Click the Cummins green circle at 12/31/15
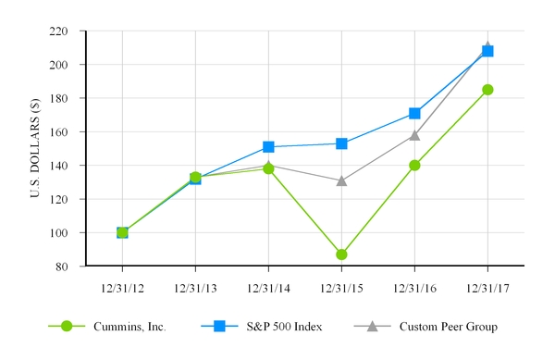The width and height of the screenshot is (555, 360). pos(341,254)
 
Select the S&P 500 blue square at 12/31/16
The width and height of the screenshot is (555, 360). pos(414,113)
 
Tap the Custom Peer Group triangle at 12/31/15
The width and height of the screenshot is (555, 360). pos(341,180)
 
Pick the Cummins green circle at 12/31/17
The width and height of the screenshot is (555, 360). pos(487,90)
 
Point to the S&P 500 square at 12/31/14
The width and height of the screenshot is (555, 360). pos(268,146)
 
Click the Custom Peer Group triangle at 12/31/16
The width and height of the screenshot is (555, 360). pos(414,135)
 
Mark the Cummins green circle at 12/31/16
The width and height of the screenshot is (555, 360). pos(414,165)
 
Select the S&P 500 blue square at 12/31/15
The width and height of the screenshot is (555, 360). pos(341,143)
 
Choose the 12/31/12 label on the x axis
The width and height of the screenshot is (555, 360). pos(122,288)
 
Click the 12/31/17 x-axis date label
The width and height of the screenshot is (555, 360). pos(487,288)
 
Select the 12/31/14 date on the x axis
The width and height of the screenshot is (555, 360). pos(268,288)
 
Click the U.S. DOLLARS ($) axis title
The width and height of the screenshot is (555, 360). pos(36,148)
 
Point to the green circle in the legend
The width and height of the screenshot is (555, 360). pos(66,326)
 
